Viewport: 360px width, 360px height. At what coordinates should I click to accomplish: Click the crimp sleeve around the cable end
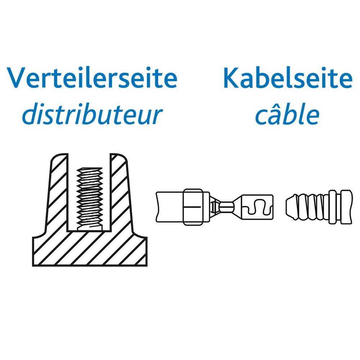tap(196, 206)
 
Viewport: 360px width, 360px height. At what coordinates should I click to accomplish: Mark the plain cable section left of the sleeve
tap(169, 206)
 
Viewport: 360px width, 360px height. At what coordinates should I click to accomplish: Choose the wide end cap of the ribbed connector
tap(344, 206)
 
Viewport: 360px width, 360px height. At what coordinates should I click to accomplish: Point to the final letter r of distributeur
tap(155, 117)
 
